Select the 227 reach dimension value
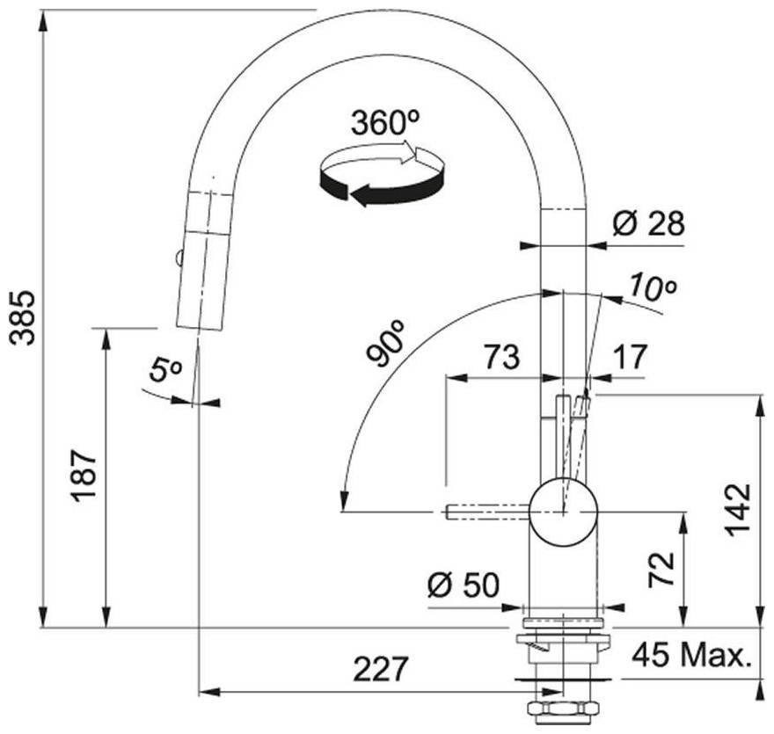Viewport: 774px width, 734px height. point(381,670)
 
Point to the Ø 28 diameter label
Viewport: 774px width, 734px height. point(649,225)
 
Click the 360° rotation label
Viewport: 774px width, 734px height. point(383,123)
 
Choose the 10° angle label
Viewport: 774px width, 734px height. point(652,287)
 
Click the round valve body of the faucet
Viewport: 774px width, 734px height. point(564,510)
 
